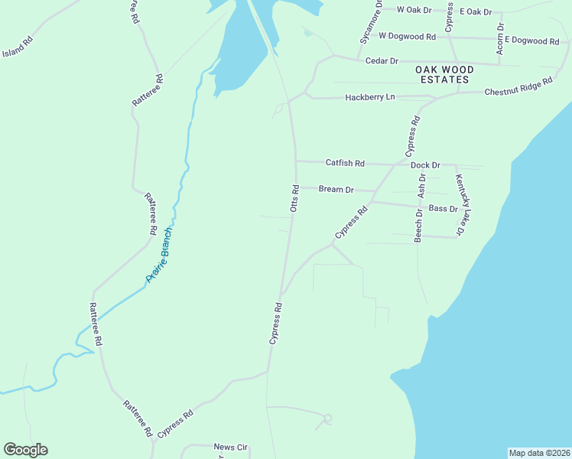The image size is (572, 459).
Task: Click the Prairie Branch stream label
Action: click(161, 256)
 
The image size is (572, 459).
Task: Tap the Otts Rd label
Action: click(294, 197)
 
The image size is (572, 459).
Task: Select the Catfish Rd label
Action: click(345, 163)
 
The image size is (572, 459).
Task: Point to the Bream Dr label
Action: click(336, 189)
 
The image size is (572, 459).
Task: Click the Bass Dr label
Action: click(443, 208)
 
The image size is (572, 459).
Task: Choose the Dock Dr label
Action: click(425, 165)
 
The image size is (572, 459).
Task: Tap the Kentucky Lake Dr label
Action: click(460, 205)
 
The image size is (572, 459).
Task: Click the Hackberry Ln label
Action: click(370, 97)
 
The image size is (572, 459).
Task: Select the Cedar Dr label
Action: click(382, 60)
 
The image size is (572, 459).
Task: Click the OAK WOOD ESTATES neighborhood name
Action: click(444, 74)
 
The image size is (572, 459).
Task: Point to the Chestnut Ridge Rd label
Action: click(518, 87)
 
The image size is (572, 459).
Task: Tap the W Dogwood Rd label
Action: click(407, 36)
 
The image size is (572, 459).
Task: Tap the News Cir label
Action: click(231, 447)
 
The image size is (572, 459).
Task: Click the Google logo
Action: click(25, 450)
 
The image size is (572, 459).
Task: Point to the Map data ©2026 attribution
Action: click(539, 453)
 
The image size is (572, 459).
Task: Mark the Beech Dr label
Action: click(418, 225)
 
